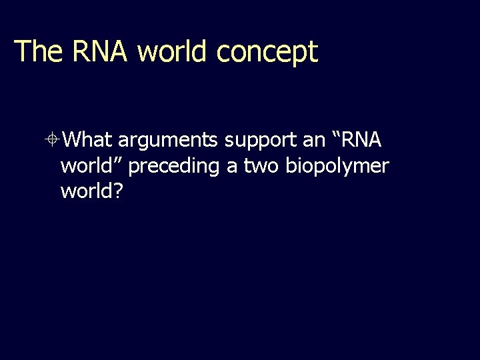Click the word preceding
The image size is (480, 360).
[173, 167]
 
